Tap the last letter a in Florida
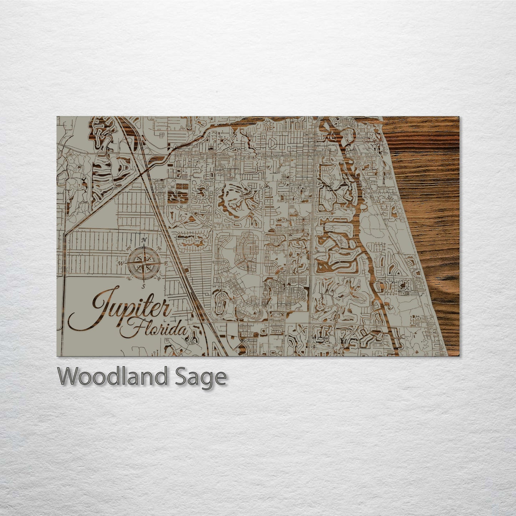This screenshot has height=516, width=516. click(x=182, y=330)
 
